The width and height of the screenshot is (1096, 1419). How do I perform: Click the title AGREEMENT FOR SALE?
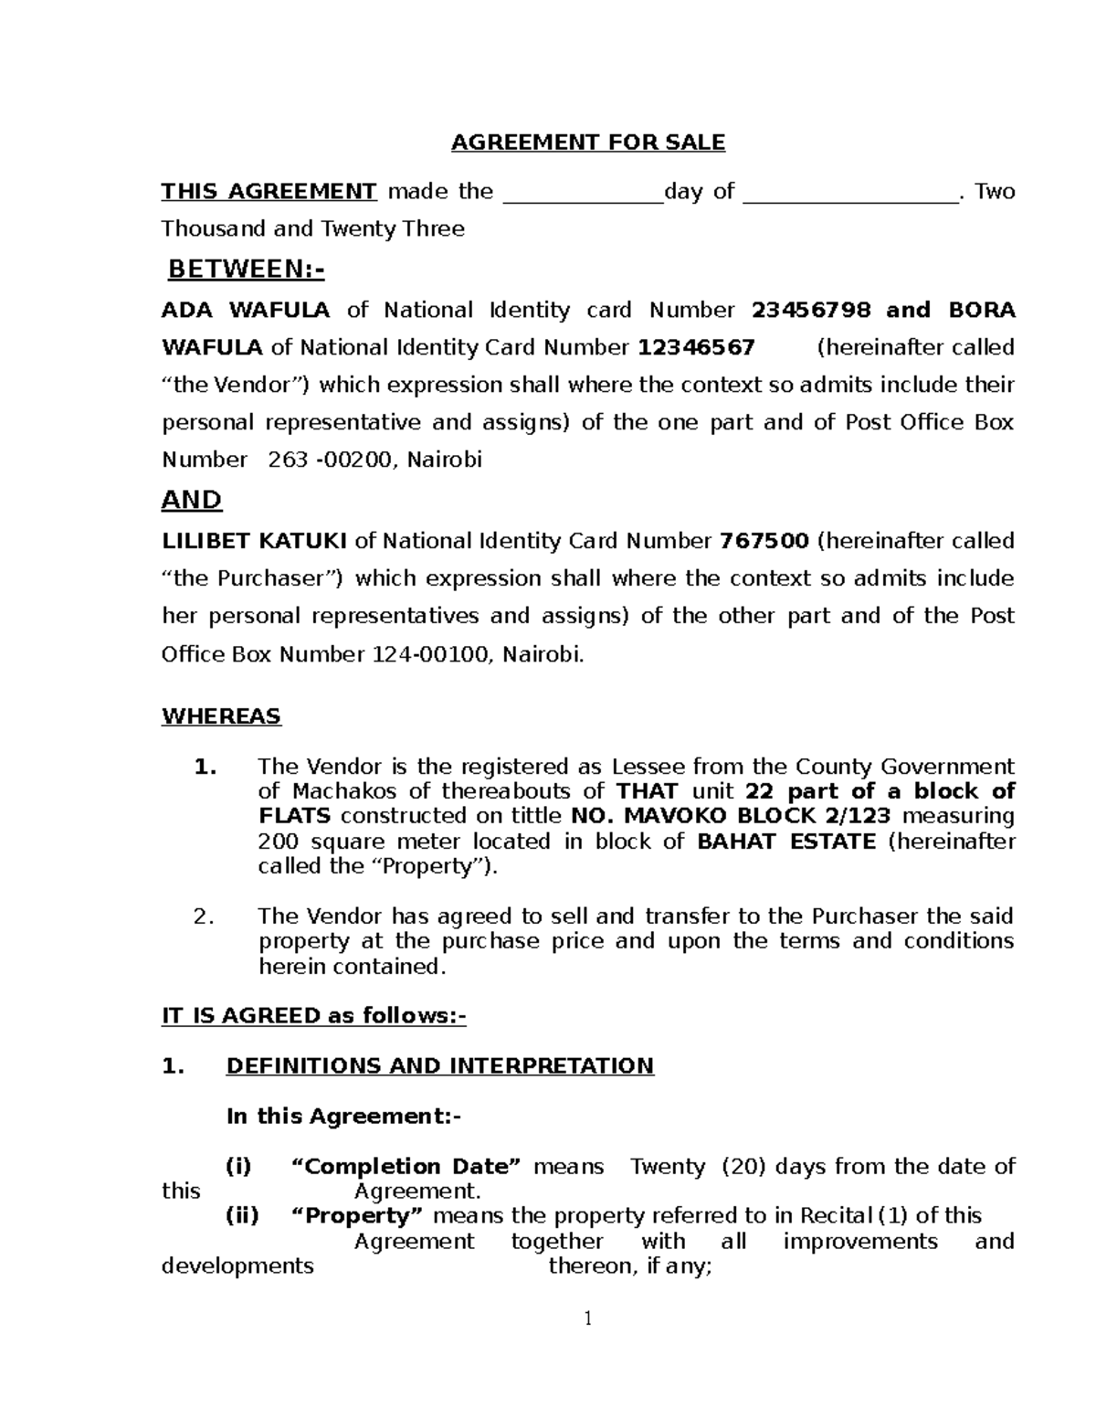588,143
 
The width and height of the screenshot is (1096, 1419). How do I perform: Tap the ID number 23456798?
811,311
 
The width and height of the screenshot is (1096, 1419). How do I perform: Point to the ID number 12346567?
696,348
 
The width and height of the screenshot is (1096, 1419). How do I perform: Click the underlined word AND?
192,501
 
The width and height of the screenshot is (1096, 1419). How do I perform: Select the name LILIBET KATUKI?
254,542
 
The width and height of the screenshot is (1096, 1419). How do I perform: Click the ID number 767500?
764,542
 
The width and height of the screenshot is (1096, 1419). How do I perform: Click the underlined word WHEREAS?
221,716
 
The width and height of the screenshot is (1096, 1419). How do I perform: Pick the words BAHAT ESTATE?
785,842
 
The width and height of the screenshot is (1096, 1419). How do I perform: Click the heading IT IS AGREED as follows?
313,1016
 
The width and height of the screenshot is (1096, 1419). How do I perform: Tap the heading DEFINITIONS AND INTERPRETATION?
439,1066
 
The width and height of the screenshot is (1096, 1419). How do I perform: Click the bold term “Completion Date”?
406,1167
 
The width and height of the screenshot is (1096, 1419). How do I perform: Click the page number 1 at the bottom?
588,1318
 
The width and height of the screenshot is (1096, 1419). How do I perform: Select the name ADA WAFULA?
246,311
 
